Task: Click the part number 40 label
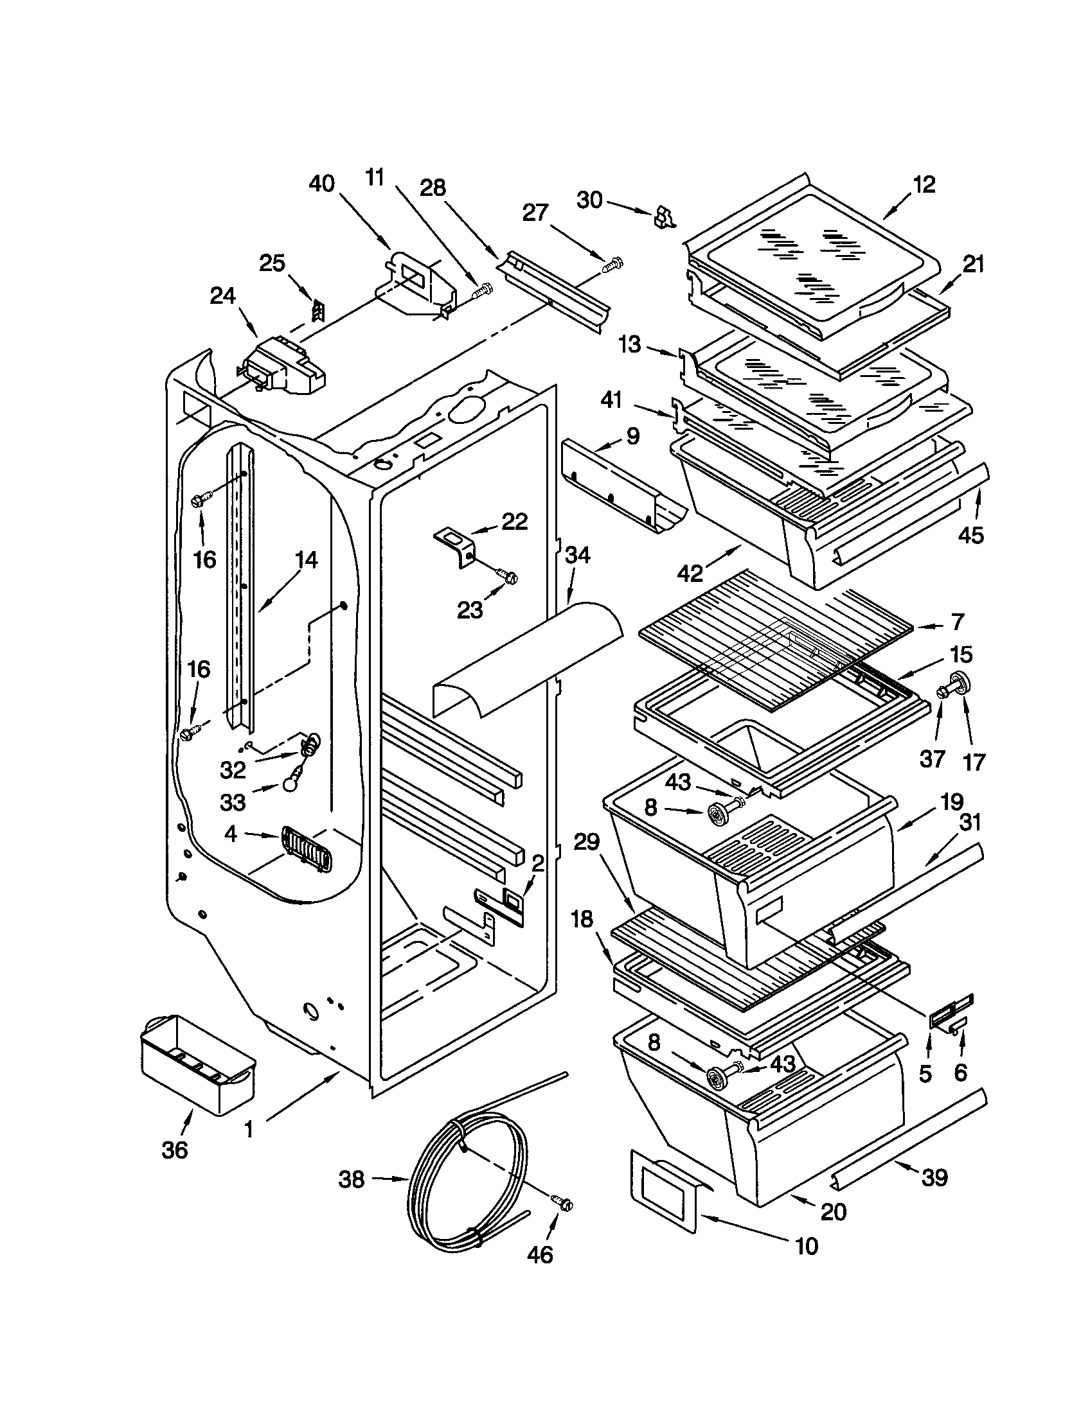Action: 322,184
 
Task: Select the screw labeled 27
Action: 612,264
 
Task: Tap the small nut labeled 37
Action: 941,693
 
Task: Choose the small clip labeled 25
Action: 317,312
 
